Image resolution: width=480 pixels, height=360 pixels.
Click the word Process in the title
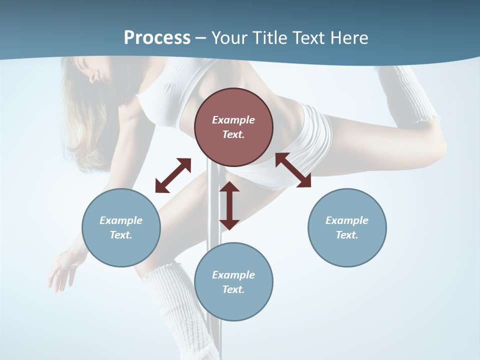pyautogui.click(x=157, y=38)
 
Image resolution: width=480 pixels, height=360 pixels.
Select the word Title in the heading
pyautogui.click(x=280, y=38)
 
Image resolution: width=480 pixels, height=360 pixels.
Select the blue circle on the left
pyautogui.click(x=121, y=227)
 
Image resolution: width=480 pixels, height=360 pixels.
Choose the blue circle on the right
pyautogui.click(x=347, y=227)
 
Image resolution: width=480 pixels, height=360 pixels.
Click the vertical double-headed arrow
pyautogui.click(x=229, y=205)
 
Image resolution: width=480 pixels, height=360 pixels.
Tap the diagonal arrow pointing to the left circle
pyautogui.click(x=173, y=175)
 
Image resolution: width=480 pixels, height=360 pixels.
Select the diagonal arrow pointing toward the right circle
pyautogui.click(x=293, y=170)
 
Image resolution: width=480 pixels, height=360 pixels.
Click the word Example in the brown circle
pyautogui.click(x=233, y=120)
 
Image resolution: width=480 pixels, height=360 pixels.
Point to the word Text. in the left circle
pyautogui.click(x=121, y=235)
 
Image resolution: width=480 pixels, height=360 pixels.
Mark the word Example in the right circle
pyautogui.click(x=347, y=220)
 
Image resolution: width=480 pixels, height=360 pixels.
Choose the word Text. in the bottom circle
pyautogui.click(x=233, y=289)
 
